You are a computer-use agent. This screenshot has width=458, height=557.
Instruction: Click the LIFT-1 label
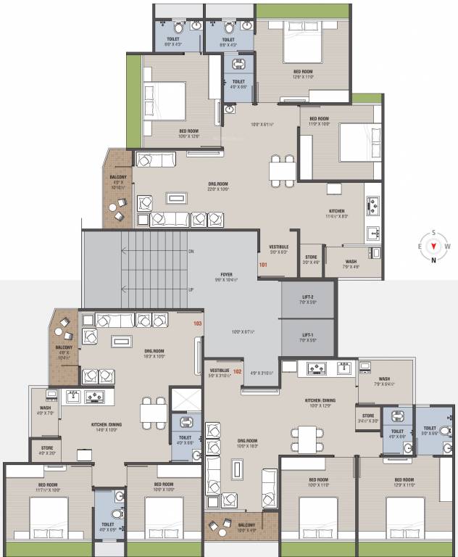pos(309,334)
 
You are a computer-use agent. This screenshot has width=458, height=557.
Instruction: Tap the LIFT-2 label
pos(309,297)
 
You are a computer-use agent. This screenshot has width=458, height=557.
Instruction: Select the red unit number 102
pos(236,371)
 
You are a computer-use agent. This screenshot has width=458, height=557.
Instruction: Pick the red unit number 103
pos(197,323)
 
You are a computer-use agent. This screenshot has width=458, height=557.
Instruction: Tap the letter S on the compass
pos(433,232)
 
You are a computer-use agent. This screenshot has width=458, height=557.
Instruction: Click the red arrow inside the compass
pos(433,246)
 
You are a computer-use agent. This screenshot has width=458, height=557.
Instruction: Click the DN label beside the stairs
pos(191,251)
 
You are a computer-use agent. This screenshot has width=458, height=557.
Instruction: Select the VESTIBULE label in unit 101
pos(279,247)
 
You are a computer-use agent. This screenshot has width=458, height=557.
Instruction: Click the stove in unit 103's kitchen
pos(95,396)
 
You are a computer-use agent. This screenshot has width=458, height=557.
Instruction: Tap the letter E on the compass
pos(420,246)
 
